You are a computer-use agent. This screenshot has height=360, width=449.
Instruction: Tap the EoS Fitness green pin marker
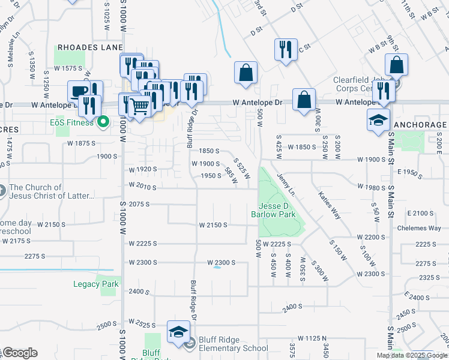click(x=103, y=122)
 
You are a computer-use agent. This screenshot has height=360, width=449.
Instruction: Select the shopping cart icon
click(x=139, y=107)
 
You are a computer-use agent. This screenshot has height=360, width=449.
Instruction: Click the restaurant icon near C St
click(x=285, y=49)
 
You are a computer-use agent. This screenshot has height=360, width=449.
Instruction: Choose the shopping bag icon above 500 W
click(x=246, y=73)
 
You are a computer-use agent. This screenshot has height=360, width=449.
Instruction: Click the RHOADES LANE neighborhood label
click(x=90, y=47)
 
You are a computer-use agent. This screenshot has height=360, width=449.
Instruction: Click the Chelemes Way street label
click(x=423, y=228)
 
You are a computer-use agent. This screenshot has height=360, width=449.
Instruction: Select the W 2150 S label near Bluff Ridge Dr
click(x=213, y=225)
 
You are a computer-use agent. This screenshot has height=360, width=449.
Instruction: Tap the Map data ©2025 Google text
click(x=412, y=355)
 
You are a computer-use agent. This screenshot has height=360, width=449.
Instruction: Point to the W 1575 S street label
click(x=67, y=68)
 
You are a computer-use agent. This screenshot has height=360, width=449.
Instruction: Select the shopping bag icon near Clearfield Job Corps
click(x=396, y=64)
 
